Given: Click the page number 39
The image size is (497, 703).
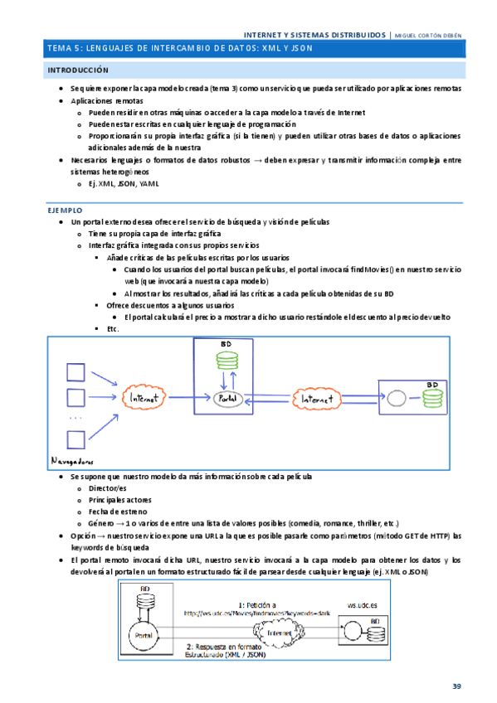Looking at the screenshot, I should pyautogui.click(x=456, y=686).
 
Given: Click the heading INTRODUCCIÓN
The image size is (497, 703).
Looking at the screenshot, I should pyautogui.click(x=79, y=71).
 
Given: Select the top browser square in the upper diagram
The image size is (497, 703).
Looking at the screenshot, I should pyautogui.click(x=75, y=371).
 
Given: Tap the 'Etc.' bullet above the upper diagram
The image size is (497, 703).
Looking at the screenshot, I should pyautogui.click(x=113, y=329).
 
